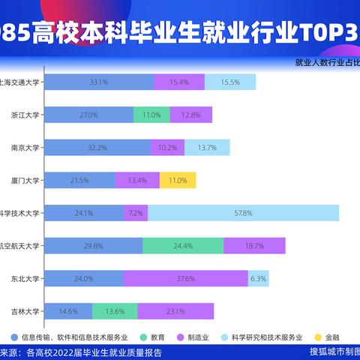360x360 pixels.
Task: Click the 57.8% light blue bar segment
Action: click(x=243, y=213)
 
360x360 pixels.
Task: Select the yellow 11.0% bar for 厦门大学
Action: click(x=178, y=180)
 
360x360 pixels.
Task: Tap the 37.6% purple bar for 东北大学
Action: click(x=185, y=278)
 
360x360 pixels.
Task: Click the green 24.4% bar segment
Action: click(x=183, y=245)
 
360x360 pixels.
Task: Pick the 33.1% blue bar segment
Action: click(x=98, y=82)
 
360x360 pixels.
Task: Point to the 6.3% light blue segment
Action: click(x=259, y=278)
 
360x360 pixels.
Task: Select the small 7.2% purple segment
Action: click(x=136, y=213)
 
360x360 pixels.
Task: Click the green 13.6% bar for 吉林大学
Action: click(x=115, y=310)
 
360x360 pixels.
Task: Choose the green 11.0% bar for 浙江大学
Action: click(x=151, y=115)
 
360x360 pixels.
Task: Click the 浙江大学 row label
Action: click(x=26, y=115)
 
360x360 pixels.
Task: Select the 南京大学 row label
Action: click(x=26, y=148)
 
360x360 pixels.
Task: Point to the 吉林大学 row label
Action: click(x=26, y=310)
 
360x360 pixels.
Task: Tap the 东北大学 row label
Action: click(x=26, y=278)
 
